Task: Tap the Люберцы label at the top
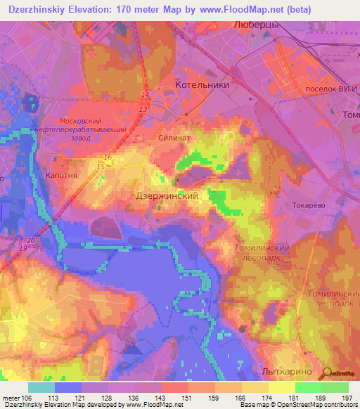255,25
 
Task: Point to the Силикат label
174,139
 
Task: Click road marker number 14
144,95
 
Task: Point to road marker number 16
108,157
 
